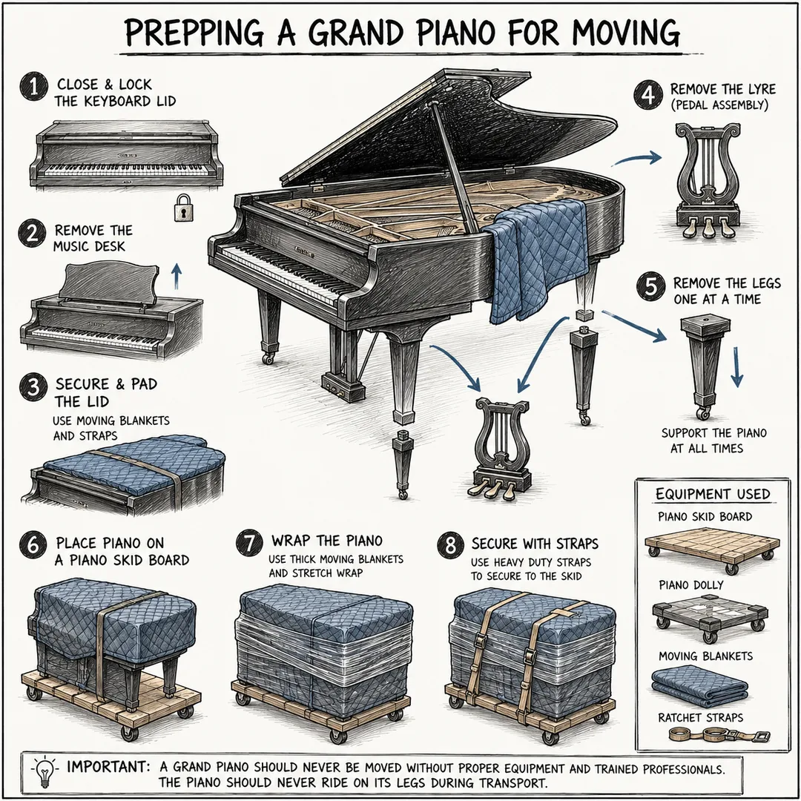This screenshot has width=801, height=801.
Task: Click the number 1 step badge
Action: coord(33,86)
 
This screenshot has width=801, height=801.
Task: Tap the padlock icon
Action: coord(183,208)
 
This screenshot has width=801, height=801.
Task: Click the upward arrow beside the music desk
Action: coord(177,277)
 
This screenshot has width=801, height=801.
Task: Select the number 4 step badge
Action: coord(648,96)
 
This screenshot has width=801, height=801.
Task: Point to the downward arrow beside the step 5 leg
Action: coord(736,367)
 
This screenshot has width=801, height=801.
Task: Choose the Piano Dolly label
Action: coord(690,585)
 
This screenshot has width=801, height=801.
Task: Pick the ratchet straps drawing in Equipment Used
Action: coord(719,736)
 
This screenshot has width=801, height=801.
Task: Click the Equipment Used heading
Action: coord(713,495)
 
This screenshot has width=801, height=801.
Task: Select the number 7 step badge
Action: coord(250,542)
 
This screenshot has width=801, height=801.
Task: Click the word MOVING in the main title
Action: coord(626,33)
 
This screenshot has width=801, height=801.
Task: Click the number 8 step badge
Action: coord(451,544)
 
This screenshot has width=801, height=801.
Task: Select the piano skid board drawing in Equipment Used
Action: coord(711,551)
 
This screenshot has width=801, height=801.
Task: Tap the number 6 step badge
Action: coord(33,544)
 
